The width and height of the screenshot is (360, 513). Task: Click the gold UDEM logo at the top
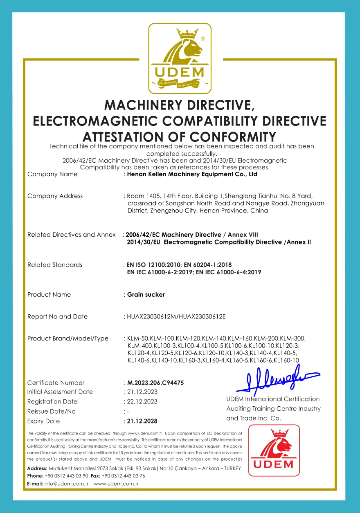180,58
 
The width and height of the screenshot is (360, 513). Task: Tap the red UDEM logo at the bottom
274,450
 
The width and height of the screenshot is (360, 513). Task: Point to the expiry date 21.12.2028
142,421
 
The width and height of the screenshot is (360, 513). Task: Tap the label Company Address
55,196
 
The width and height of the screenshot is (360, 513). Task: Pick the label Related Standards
55,265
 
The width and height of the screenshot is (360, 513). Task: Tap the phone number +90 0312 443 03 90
66,476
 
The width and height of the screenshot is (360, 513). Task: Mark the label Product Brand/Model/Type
68,338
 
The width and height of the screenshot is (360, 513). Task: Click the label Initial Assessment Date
60,392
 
